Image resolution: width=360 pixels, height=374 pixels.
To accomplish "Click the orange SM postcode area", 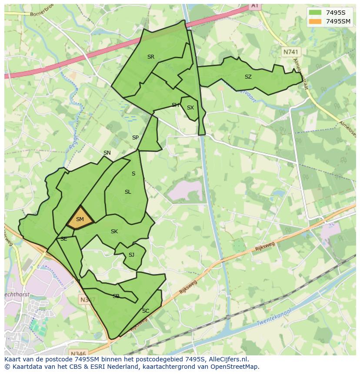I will [80, 218].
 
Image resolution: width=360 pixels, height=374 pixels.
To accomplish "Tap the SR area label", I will [150, 57].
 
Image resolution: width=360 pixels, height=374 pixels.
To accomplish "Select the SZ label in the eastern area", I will [248, 77].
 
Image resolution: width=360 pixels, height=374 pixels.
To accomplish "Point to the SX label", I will [190, 108].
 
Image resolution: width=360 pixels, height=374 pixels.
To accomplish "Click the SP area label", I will [135, 138].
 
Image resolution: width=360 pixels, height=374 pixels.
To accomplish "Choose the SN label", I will [107, 153].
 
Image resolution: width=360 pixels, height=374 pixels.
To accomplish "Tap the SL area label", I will [128, 192].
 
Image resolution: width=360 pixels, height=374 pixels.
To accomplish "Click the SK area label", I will [114, 232].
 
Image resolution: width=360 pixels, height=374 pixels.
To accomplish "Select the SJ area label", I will [131, 255].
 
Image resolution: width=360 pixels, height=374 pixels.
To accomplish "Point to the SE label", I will [63, 239].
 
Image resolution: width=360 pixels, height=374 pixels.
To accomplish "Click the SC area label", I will [146, 311].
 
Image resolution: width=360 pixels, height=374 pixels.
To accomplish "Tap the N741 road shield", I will [291, 52].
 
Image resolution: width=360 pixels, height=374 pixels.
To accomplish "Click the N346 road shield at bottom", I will [78, 353].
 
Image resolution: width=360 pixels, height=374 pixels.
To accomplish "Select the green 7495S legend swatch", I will [315, 13].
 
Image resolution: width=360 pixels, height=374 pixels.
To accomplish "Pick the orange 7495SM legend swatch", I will [315, 21].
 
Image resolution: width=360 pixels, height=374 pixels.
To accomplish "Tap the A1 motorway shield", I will [255, 6].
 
